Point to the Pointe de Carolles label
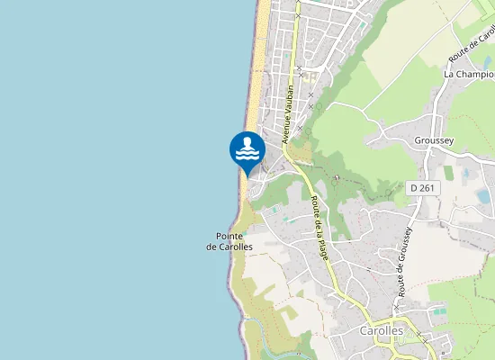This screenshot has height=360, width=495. pos(229,240)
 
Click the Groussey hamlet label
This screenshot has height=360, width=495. pos(436,140)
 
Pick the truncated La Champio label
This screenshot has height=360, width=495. pos(469,74)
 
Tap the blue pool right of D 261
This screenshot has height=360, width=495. pos(483,195)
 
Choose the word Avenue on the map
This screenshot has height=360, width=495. pos(287,131)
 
